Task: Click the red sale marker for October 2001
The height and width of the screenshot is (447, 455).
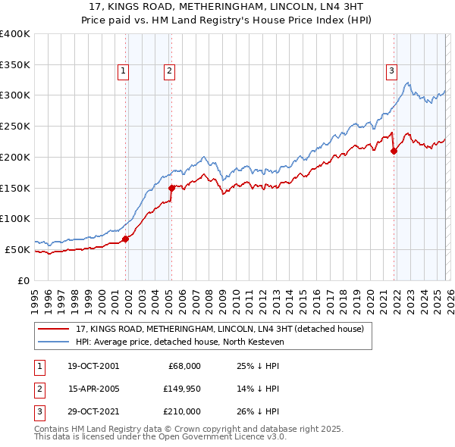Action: pyautogui.click(x=126, y=238)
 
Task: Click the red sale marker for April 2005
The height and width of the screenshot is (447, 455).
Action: pyautogui.click(x=171, y=187)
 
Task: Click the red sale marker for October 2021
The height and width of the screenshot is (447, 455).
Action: pyautogui.click(x=394, y=151)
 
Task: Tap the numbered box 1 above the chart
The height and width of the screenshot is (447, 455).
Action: pyautogui.click(x=123, y=71)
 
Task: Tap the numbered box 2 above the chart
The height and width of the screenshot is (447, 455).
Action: pyautogui.click(x=168, y=71)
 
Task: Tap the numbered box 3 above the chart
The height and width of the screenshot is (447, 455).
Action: pyautogui.click(x=391, y=71)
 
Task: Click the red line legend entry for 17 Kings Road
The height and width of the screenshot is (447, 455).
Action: pyautogui.click(x=220, y=329)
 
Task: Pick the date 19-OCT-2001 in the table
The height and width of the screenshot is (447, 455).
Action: pyautogui.click(x=93, y=366)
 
